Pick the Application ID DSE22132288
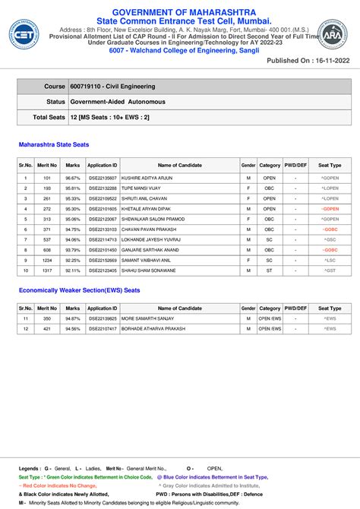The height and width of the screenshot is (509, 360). point(102,188)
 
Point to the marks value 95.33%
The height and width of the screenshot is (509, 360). point(73,198)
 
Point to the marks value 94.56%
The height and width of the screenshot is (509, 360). point(73,329)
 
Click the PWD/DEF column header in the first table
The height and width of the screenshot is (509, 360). point(295,165)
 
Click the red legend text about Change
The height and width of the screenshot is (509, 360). point(58,485)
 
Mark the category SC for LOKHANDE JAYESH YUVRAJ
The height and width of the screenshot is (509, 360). point(270,239)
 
